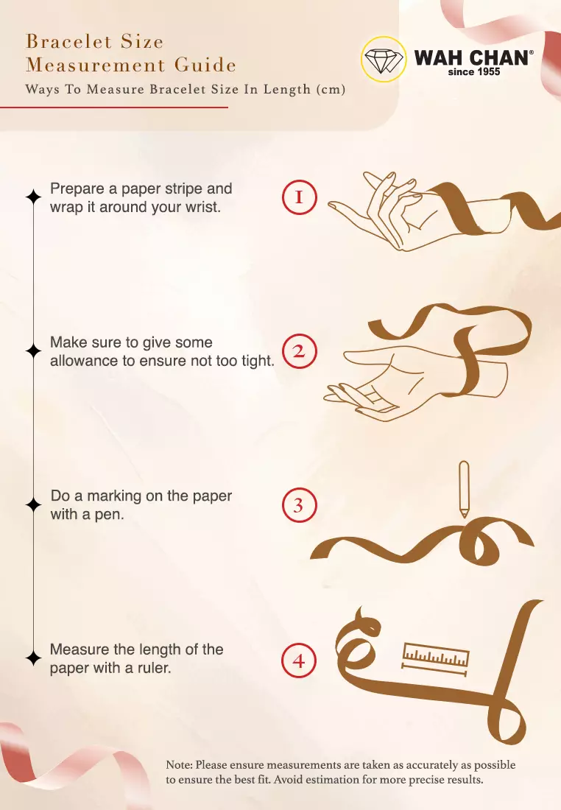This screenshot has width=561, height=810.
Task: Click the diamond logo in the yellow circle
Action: pos(383,60)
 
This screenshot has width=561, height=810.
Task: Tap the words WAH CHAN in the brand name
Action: pos(471,58)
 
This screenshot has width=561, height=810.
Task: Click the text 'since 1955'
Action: pos(473,72)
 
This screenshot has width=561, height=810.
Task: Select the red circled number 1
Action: pos(299,197)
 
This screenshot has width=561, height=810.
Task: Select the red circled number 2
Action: pos(299,351)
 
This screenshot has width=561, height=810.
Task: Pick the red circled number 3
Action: pos(299,505)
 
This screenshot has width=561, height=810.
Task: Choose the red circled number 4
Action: pos(299,661)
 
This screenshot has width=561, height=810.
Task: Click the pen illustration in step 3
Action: pos(464,489)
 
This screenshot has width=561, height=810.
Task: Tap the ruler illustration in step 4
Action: pos(435,659)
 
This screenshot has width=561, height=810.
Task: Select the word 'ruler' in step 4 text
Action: pos(153,668)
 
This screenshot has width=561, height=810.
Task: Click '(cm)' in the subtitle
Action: pos(331,89)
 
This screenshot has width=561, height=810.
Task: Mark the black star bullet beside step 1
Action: pos(34,197)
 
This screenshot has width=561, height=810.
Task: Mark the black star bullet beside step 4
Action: pos(34,658)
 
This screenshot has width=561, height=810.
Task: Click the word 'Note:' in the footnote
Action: pos(179,765)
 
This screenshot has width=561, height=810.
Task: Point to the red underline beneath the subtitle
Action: pos(113,108)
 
